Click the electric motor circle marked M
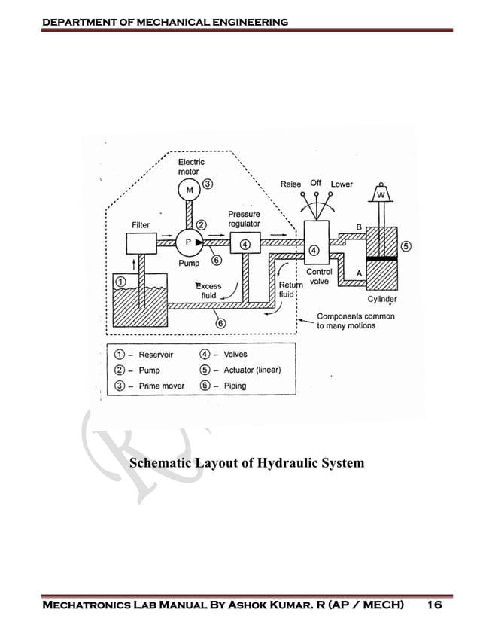(x=189, y=189)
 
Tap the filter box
(x=140, y=243)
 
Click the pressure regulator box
(x=245, y=243)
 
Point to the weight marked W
(x=381, y=195)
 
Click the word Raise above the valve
(x=290, y=184)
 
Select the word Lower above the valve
(x=342, y=184)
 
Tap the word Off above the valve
(x=316, y=183)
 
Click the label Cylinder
(x=382, y=299)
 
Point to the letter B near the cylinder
(x=359, y=227)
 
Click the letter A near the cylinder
(x=359, y=273)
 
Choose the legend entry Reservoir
(x=156, y=355)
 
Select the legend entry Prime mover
(x=161, y=386)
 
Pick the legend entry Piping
(x=235, y=386)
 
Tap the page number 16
(x=434, y=605)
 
